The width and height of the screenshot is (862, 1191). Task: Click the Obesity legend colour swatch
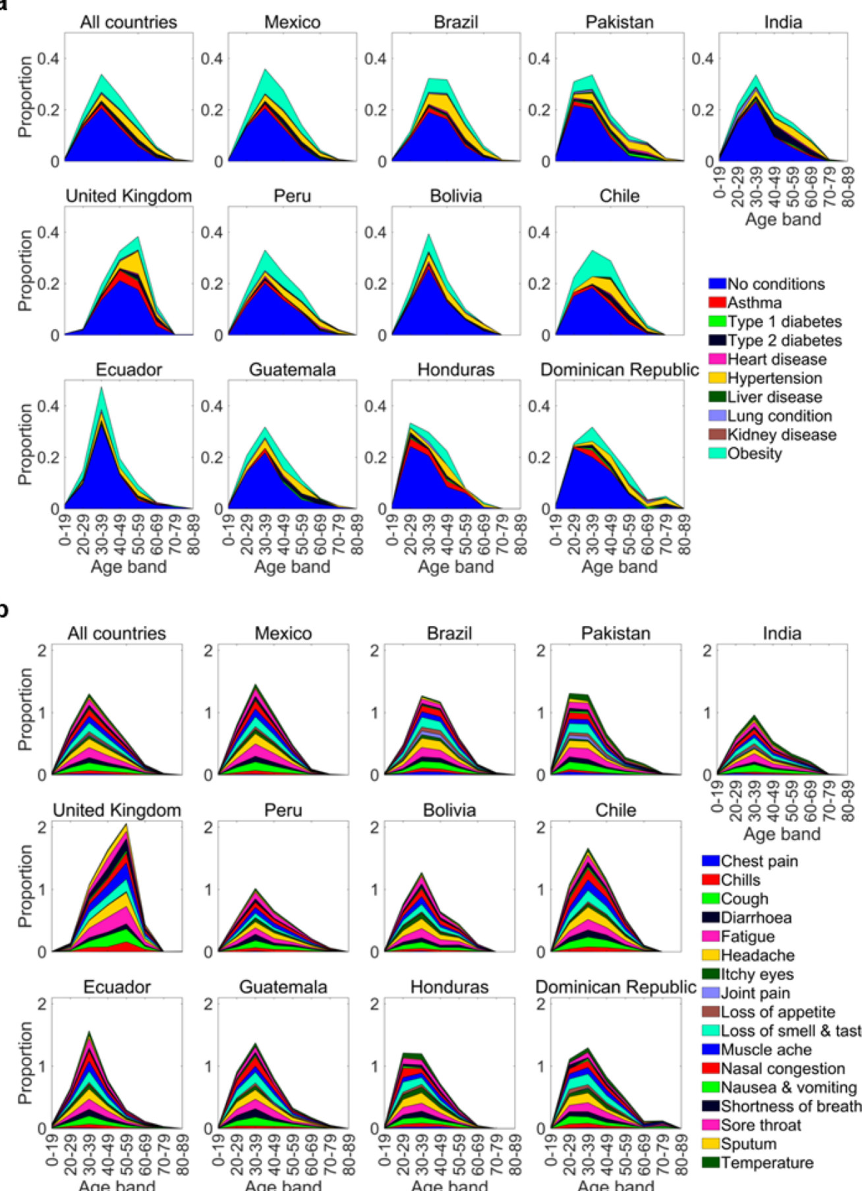[x=717, y=453]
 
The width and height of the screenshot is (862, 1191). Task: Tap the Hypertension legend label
[x=774, y=378]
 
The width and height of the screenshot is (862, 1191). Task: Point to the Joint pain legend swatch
[x=710, y=993]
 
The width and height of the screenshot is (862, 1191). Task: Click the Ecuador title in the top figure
[x=129, y=370]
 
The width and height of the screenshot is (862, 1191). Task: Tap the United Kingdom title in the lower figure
[x=117, y=810]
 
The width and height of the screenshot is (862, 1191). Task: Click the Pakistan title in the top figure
[x=619, y=22]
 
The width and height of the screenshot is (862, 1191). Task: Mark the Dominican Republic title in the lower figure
[x=616, y=987]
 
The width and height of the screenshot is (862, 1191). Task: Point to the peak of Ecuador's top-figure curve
[x=101, y=387]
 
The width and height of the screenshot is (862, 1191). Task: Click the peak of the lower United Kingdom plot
[x=126, y=824]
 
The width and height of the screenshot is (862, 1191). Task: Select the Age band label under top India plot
[x=783, y=219]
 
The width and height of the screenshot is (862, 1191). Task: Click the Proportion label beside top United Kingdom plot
[x=25, y=270]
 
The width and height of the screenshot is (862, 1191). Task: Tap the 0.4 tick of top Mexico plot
[x=212, y=59]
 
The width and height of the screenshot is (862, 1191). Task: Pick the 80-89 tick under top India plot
[x=848, y=187]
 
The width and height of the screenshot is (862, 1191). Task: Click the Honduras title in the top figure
[x=456, y=370]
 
